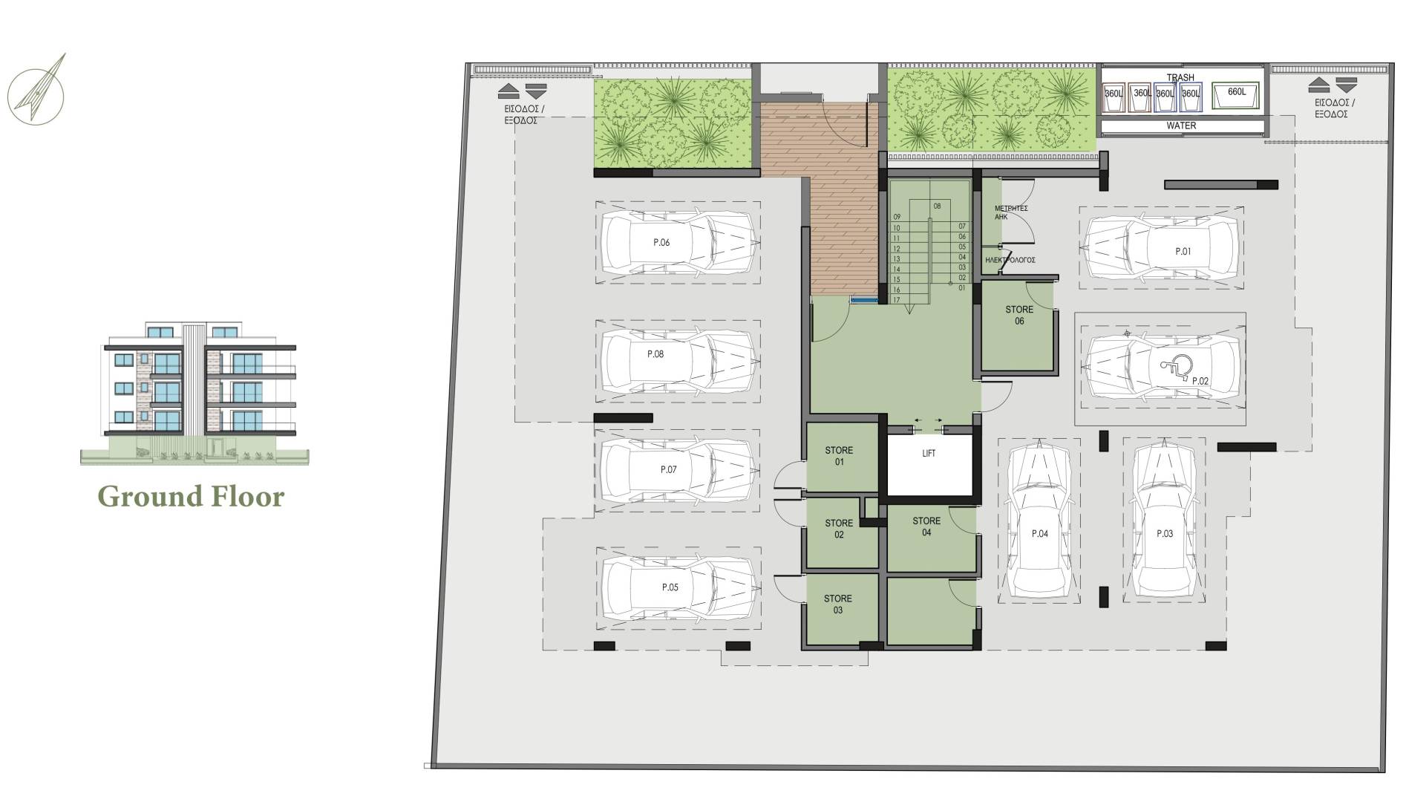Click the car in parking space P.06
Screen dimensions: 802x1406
pyautogui.click(x=677, y=243)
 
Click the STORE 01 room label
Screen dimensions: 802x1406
pyautogui.click(x=839, y=456)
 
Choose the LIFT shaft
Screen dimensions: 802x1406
pyautogui.click(x=929, y=465)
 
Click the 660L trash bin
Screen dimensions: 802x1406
pyautogui.click(x=1236, y=94)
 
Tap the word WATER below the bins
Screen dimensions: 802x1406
pyautogui.click(x=1181, y=126)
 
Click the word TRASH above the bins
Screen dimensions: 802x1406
pyautogui.click(x=1180, y=77)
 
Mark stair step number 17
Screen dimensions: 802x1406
pyautogui.click(x=897, y=300)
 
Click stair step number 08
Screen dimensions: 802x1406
pyautogui.click(x=937, y=206)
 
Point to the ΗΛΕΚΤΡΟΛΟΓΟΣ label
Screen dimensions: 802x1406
pyautogui.click(x=1010, y=261)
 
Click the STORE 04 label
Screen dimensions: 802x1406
pyautogui.click(x=926, y=526)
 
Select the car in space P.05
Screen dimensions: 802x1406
pyautogui.click(x=677, y=587)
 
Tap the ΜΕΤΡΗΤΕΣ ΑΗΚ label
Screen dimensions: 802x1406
pyautogui.click(x=1010, y=212)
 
